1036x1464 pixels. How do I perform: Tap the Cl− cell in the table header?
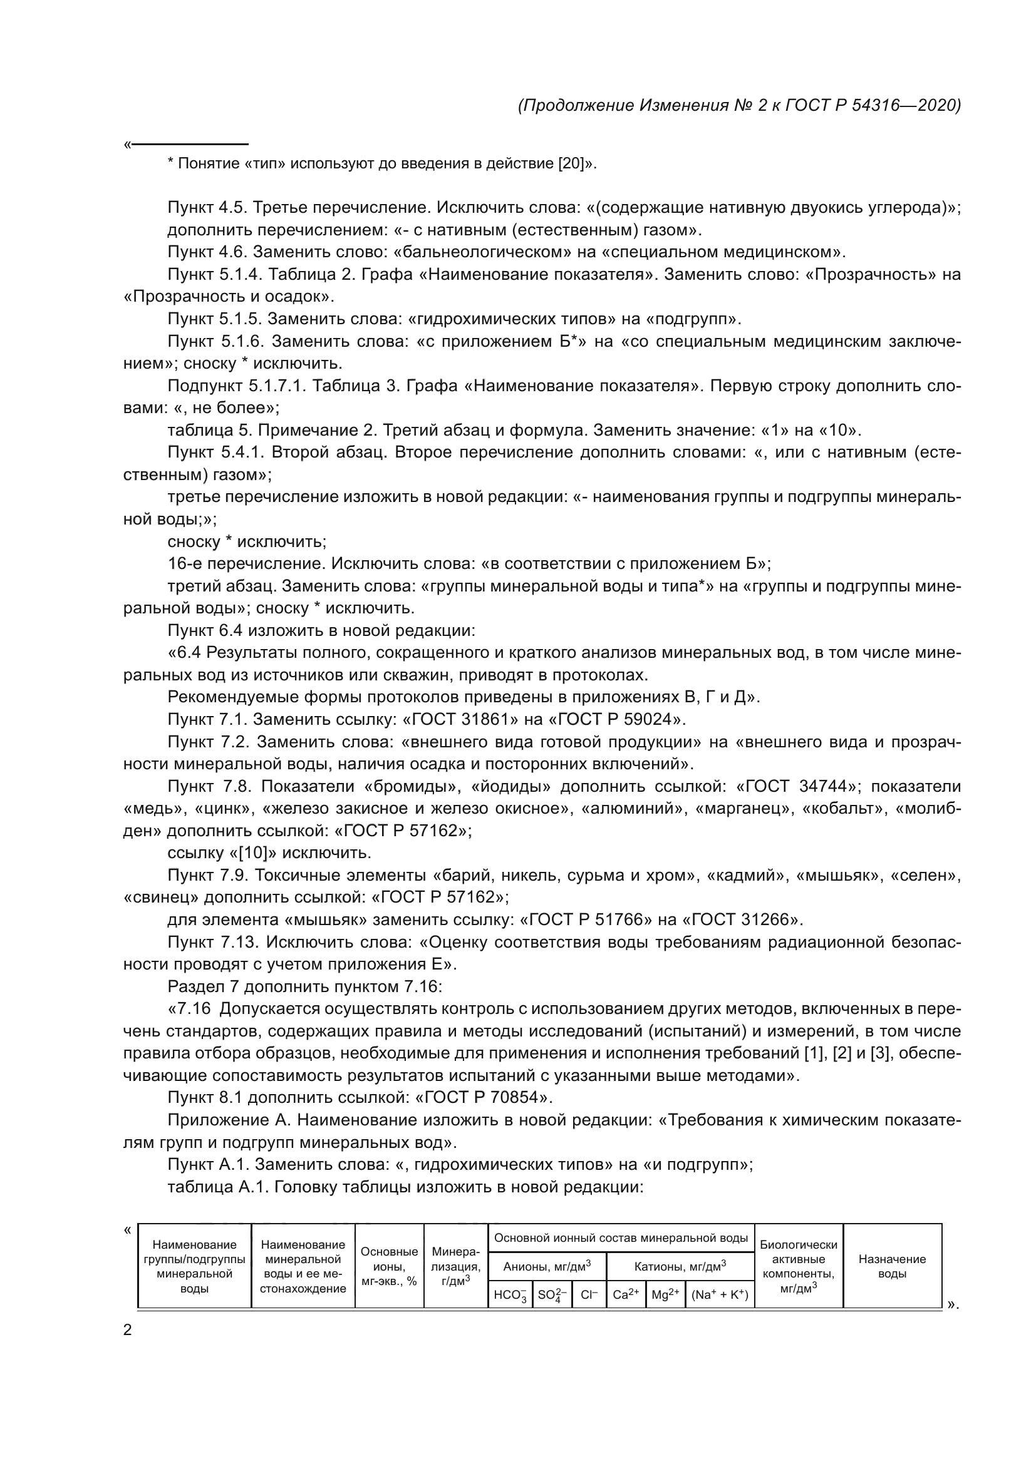[589, 1294]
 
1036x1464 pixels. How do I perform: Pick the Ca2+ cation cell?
[625, 1294]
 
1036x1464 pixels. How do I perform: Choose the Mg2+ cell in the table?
[665, 1294]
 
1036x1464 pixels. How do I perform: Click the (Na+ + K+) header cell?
[720, 1294]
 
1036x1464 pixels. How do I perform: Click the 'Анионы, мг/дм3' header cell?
[547, 1265]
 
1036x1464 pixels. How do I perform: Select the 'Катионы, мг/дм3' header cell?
[680, 1265]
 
